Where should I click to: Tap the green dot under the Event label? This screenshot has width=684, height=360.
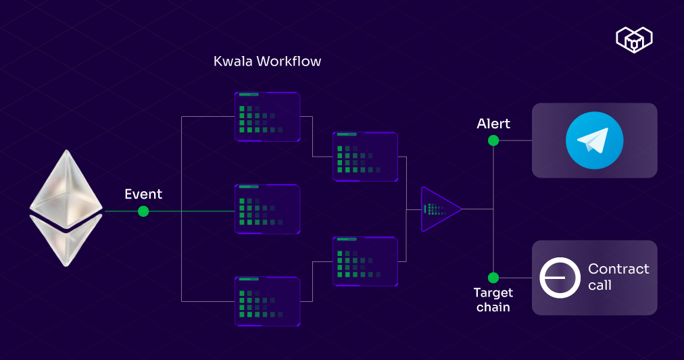143,211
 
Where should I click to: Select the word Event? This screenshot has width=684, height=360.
143,195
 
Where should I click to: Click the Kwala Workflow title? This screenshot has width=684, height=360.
267,61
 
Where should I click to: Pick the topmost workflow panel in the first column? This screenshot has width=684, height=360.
267,117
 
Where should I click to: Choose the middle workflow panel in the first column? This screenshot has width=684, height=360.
267,209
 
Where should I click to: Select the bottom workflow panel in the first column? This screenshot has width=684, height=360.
267,301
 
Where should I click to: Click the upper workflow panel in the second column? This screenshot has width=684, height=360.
365,157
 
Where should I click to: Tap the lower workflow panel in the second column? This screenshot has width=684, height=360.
365,261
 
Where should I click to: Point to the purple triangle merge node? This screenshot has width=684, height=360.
438,209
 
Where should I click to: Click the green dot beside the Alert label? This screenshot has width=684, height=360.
493,140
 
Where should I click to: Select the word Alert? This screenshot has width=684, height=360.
493,124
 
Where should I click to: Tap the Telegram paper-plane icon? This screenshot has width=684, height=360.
594,140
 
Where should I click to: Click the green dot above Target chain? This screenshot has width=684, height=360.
493,278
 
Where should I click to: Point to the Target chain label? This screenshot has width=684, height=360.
493,300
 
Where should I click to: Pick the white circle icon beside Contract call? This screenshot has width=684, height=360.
560,278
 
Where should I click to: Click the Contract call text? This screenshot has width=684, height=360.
618,277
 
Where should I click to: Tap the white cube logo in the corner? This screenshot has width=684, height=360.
634,40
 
